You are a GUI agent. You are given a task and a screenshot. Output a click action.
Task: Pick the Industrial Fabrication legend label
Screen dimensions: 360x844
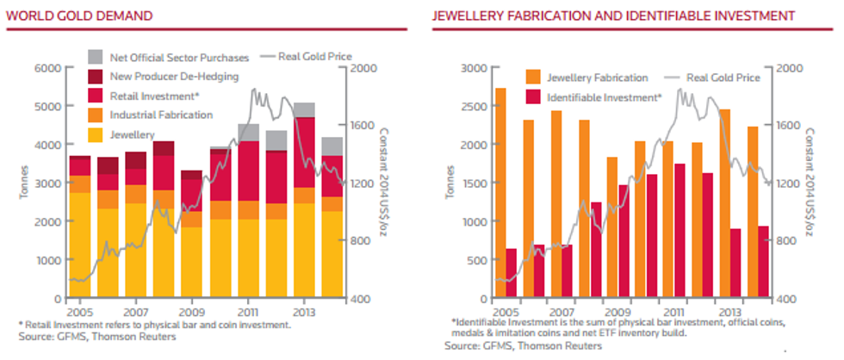161,115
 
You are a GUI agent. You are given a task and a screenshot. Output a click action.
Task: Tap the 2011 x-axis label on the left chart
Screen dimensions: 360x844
248,308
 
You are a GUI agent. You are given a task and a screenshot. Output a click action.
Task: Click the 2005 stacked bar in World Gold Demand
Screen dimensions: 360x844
80,227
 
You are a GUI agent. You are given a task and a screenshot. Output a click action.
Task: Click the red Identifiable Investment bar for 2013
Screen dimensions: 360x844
735,264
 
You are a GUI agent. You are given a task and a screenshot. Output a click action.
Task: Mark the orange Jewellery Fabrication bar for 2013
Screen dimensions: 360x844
724,204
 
